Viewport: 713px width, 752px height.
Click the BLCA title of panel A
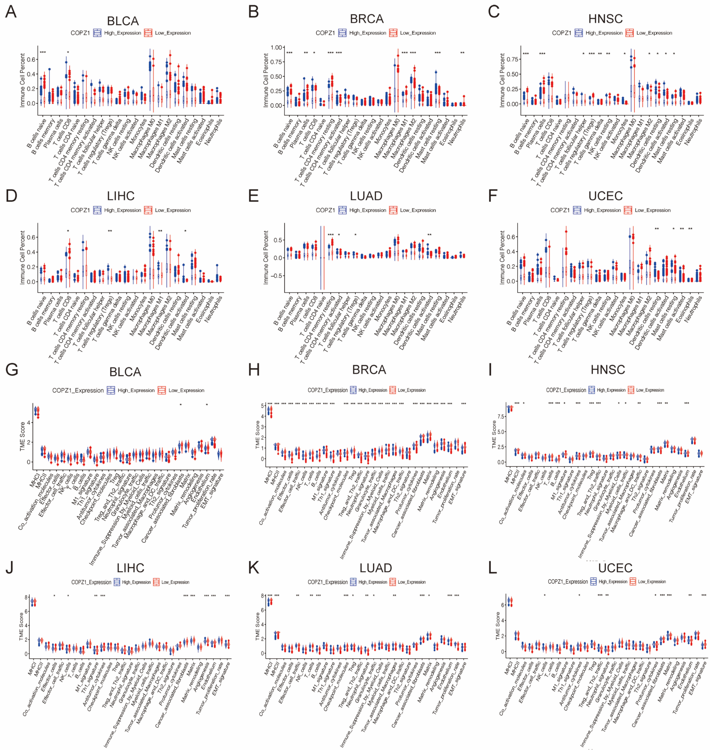tap(123, 21)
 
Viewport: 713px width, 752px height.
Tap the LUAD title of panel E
tap(366, 196)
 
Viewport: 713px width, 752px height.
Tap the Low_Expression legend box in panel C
tap(630, 33)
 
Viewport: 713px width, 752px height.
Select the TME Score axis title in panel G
tap(22, 437)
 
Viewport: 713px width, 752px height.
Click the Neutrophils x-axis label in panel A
tap(214, 132)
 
